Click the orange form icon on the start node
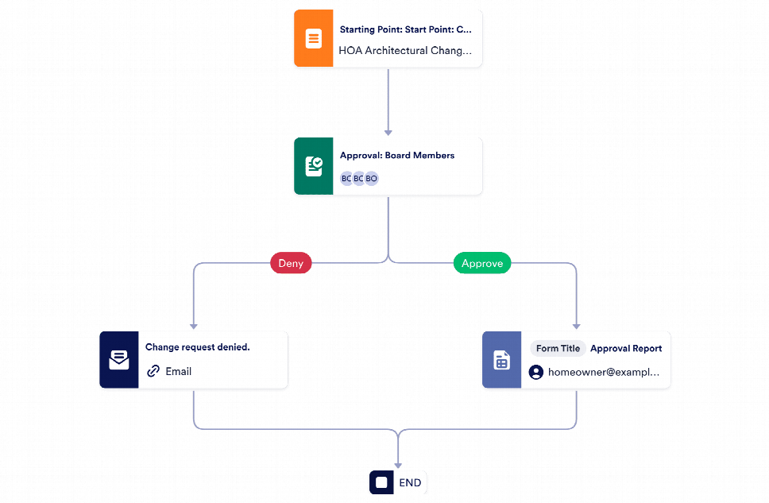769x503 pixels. pyautogui.click(x=313, y=38)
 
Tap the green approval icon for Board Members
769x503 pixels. pyautogui.click(x=313, y=166)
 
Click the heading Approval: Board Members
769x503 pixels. pyautogui.click(x=397, y=156)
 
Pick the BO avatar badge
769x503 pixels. pyautogui.click(x=372, y=179)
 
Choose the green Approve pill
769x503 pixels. pyautogui.click(x=482, y=263)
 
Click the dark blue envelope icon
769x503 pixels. pyautogui.click(x=119, y=360)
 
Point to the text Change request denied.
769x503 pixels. pyautogui.click(x=198, y=347)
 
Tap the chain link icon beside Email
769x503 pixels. pyautogui.click(x=153, y=371)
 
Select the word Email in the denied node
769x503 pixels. pyautogui.click(x=179, y=371)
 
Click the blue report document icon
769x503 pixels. pyautogui.click(x=502, y=360)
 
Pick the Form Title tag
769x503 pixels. pyautogui.click(x=558, y=348)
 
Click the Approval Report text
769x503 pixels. pyautogui.click(x=626, y=348)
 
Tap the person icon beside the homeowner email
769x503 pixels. pyautogui.click(x=536, y=372)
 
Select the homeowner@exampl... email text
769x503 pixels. pyautogui.click(x=604, y=372)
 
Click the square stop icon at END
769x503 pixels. pyautogui.click(x=381, y=482)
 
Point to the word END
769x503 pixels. pyautogui.click(x=410, y=483)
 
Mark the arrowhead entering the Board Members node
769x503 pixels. pyautogui.click(x=388, y=133)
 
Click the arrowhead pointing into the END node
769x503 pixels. pyautogui.click(x=398, y=466)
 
